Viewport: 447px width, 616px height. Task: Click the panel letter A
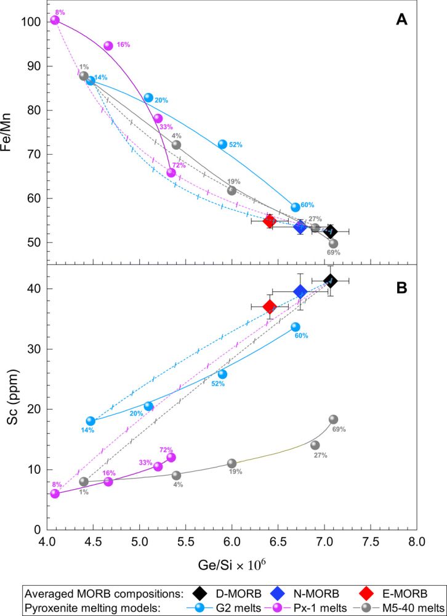coord(401,20)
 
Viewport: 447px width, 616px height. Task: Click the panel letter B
coord(401,287)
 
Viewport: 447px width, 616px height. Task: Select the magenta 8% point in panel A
coord(55,20)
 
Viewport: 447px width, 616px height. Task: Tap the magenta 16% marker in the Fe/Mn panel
coord(108,46)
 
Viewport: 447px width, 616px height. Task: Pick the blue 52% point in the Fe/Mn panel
coord(222,144)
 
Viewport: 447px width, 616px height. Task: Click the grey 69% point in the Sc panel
coord(334,419)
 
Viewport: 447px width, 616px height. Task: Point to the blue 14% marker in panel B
coord(91,421)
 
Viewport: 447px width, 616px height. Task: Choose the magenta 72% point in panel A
coord(171,172)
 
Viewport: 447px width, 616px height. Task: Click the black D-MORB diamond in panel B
coord(331,281)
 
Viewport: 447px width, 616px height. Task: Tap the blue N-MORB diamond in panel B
coord(300,291)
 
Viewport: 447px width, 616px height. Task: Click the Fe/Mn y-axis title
coord(12,132)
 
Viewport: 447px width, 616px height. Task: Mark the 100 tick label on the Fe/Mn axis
coord(31,22)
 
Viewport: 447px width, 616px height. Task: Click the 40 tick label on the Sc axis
coord(34,288)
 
